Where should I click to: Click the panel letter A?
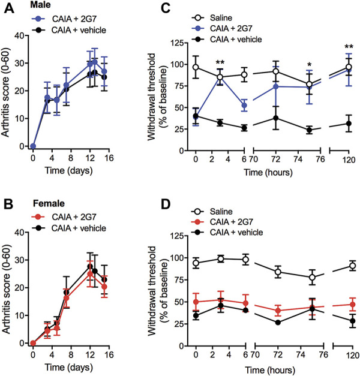point(6,7)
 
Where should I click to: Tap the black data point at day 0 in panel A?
point(34,146)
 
